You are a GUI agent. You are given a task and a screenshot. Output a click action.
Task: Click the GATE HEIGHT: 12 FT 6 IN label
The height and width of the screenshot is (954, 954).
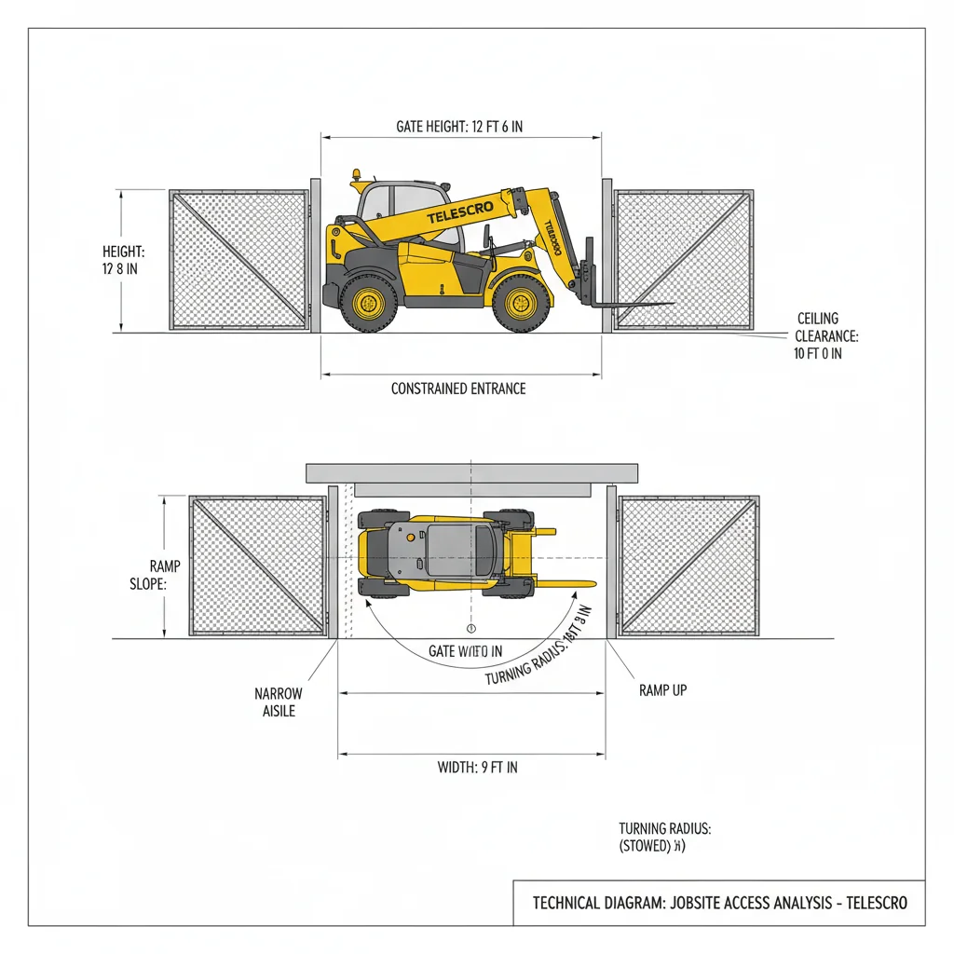click(459, 127)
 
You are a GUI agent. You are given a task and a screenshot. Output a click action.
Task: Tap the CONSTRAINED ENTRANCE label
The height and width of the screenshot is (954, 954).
click(458, 388)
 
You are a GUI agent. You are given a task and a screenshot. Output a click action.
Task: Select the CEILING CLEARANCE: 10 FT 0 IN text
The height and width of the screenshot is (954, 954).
click(816, 336)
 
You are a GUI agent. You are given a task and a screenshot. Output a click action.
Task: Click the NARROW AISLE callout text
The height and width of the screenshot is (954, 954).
click(278, 702)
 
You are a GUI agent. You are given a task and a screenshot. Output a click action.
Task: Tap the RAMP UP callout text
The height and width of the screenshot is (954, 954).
click(662, 690)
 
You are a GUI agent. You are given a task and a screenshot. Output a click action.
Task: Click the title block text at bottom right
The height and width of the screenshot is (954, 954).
click(718, 903)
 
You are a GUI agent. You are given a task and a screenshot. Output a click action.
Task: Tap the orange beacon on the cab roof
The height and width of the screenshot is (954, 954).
click(355, 175)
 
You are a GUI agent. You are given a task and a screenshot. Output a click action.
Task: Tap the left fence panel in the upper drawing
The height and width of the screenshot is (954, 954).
click(239, 259)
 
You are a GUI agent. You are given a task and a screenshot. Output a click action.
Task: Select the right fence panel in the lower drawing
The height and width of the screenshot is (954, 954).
click(688, 566)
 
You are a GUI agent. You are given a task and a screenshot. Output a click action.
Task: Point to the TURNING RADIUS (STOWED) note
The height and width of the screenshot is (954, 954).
click(664, 838)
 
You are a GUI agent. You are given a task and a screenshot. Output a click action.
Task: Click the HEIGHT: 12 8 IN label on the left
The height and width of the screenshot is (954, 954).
click(123, 260)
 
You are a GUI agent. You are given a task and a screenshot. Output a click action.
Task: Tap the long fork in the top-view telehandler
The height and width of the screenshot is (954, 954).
click(550, 584)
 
